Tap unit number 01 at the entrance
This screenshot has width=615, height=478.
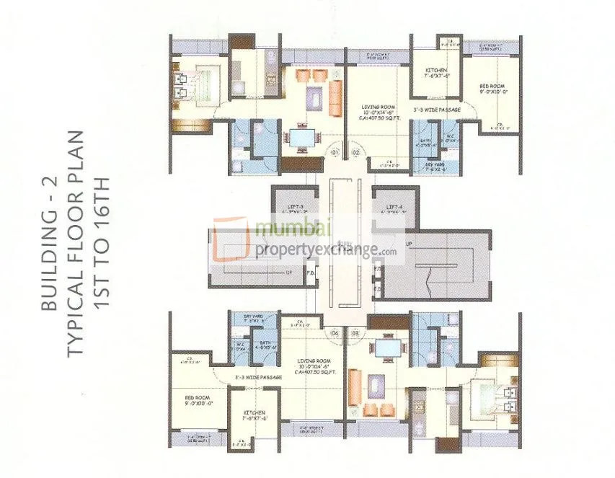click(x=335, y=153)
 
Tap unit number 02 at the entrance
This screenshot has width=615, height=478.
click(x=355, y=153)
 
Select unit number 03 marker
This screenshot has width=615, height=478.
click(x=355, y=333)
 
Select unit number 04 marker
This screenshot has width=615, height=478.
click(x=335, y=333)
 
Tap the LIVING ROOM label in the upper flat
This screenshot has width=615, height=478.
click(x=379, y=107)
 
